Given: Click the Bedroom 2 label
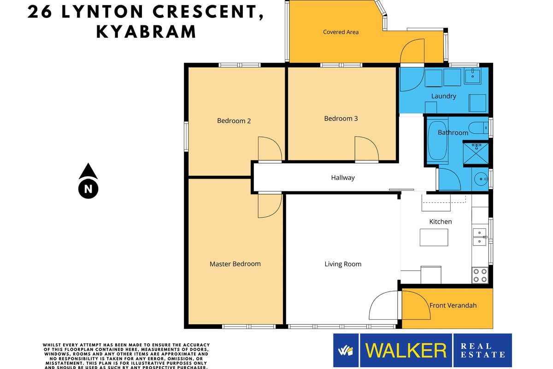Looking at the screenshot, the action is coord(234,120).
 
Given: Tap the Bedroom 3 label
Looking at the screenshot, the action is coord(341,119).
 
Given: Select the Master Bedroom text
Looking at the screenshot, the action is coord(235,264).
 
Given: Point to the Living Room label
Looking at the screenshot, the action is coord(343,264).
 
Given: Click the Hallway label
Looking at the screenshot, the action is coord(343,178).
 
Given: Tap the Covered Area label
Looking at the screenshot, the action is coord(341,32).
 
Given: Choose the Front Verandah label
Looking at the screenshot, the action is coord(453,305).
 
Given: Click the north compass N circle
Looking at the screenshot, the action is coord(88,189).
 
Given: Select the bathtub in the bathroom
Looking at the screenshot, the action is coord(437,141).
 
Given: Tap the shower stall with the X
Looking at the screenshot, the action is coord(476,154).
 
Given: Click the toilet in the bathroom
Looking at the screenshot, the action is coord(478,128).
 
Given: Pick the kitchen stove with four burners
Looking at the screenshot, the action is coord(480,275).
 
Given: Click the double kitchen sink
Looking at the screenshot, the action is coord(479,237).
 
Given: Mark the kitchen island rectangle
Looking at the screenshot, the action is coord(434,237).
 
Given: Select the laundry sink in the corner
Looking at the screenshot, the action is coord(472,76).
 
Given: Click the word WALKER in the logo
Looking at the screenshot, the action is coord(406,350).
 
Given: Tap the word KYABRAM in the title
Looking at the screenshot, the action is coord(146,32).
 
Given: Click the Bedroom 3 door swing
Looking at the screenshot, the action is coord(367,149).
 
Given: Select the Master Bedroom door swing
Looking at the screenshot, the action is coord(270,206).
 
